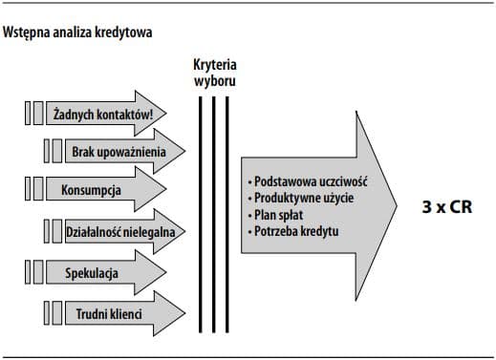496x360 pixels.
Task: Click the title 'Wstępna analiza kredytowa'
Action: (x=78, y=32)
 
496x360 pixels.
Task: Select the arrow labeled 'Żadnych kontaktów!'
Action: (x=105, y=114)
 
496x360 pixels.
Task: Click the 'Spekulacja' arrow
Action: (x=91, y=273)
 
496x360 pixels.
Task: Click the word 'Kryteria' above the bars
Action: (x=214, y=64)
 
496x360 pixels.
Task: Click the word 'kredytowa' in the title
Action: (x=125, y=32)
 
